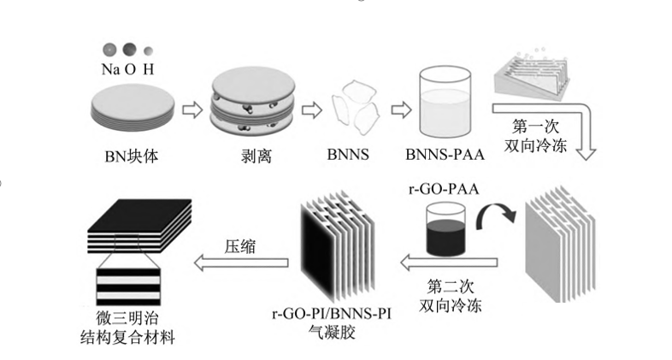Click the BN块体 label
(x=130, y=157)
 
